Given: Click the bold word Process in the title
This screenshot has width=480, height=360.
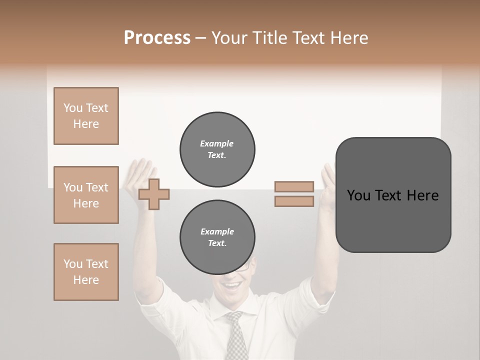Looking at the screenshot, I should pyautogui.click(x=157, y=38).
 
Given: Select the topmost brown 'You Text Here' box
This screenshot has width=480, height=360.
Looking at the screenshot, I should pyautogui.click(x=86, y=116).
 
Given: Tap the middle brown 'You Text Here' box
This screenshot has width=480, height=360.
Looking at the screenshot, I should pyautogui.click(x=86, y=195).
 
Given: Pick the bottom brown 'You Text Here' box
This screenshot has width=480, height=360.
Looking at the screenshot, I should pyautogui.click(x=86, y=272).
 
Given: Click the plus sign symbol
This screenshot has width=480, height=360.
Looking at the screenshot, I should pyautogui.click(x=154, y=194).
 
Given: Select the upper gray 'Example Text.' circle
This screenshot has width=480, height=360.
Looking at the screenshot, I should pyautogui.click(x=217, y=149).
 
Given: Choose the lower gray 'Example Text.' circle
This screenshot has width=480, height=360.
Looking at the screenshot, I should pyautogui.click(x=217, y=237).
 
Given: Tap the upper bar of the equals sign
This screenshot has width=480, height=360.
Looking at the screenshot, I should pyautogui.click(x=294, y=186).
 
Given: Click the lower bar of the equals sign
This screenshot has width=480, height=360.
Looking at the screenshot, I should pyautogui.click(x=294, y=201).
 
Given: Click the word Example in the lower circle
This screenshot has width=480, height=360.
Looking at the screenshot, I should pyautogui.click(x=217, y=231).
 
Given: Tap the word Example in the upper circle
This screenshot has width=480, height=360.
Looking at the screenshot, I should pyautogui.click(x=217, y=143).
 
